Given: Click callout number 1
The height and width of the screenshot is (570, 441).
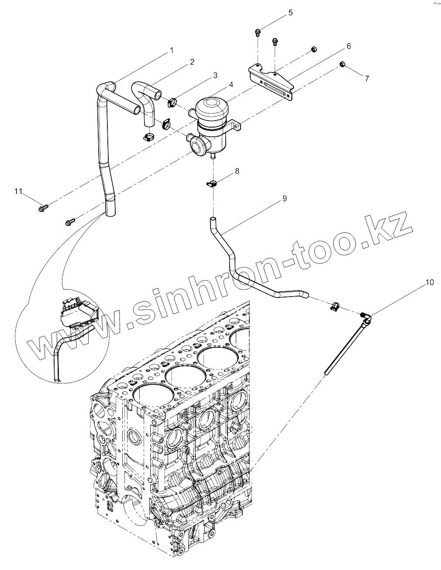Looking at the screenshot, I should coord(172,50).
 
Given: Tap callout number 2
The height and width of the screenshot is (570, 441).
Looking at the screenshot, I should coord(192,62).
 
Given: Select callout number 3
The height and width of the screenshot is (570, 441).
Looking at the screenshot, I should coord(215,76).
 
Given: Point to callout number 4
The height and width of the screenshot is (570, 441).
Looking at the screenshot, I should coord(231,84).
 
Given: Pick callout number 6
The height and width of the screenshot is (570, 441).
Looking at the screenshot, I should coord(348,46).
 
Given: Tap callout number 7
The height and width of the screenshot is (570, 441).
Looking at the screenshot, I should coord(367,79).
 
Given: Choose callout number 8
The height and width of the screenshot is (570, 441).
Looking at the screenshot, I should coord(237,171).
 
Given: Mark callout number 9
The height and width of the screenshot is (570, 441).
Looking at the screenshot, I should coord(284,199).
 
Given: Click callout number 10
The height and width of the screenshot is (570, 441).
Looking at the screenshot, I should coord(430,282).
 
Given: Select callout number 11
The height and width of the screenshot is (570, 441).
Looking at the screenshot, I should coord(18,191).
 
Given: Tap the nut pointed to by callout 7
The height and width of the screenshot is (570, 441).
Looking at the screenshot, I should coord(343,65).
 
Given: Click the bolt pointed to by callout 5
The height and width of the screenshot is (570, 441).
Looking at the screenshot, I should coord(258,31).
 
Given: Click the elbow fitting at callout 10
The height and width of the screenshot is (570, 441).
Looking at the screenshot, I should coord(366,318).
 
